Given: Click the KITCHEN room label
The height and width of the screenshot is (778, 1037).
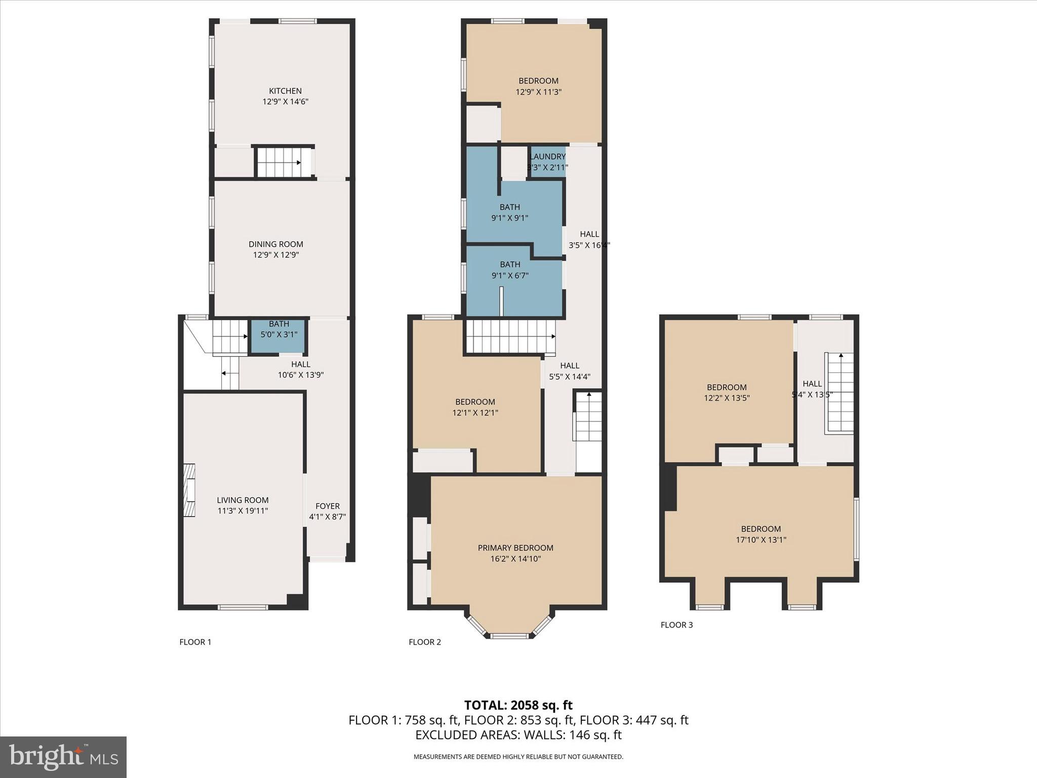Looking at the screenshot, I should click(x=285, y=91).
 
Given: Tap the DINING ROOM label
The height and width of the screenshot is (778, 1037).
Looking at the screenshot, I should click(x=276, y=244).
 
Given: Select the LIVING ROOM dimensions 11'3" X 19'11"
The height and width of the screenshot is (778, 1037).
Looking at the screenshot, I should click(x=243, y=511).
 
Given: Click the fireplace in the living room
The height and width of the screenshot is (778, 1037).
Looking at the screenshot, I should click(x=189, y=490).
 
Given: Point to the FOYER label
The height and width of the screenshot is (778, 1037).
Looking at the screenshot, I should click(x=328, y=506).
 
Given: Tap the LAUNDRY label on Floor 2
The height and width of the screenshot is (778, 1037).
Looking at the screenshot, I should click(x=547, y=157).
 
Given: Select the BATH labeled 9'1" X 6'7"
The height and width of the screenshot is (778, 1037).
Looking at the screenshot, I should click(x=510, y=270).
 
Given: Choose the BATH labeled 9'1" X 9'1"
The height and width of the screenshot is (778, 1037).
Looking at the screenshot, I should click(x=510, y=212).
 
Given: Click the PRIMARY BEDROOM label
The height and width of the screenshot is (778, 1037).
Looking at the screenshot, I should click(x=515, y=548).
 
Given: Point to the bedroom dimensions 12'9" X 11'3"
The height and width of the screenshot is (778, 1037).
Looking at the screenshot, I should click(x=538, y=92).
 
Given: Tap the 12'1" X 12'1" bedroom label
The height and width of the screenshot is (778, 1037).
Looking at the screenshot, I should click(x=475, y=407).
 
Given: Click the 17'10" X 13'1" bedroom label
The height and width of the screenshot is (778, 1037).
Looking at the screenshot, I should click(x=761, y=534).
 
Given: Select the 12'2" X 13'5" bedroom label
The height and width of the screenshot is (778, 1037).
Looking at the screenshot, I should click(x=727, y=393).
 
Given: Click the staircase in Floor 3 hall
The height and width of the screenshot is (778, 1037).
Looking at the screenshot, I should click(x=841, y=393).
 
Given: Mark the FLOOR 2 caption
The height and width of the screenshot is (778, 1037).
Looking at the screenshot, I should click(x=425, y=642).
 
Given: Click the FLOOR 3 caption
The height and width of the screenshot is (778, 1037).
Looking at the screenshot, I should click(x=676, y=625).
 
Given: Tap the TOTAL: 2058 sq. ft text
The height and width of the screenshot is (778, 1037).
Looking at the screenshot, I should click(x=518, y=705).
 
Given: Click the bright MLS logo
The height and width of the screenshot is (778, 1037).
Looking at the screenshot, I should click(x=63, y=757).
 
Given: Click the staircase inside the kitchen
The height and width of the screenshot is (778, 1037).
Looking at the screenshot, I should click(x=284, y=162).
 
